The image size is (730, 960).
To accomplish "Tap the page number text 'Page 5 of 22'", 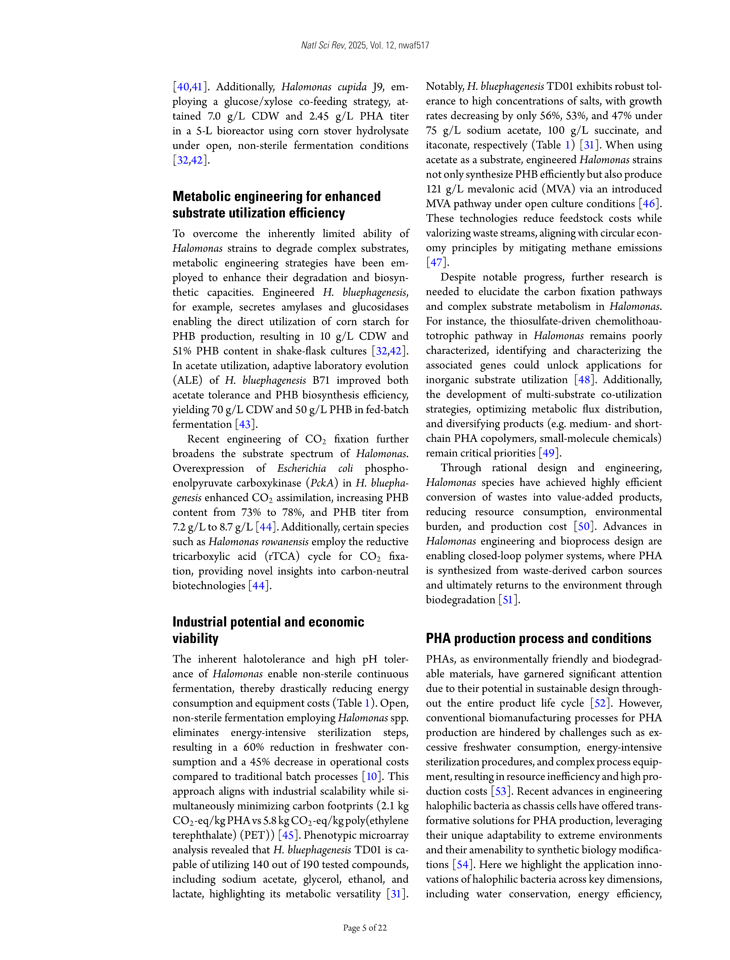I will tap(365, 927).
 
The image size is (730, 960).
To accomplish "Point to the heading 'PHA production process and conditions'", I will tap(538, 638).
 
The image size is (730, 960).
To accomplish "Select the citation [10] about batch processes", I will tap(372, 777).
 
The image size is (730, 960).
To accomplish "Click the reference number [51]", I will tap(508, 600).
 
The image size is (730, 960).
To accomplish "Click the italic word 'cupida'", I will tap(352, 87).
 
